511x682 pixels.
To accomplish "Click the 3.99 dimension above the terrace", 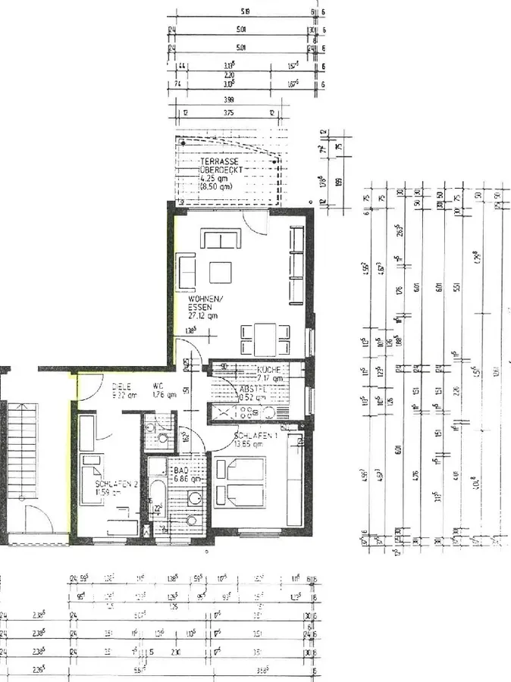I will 229,99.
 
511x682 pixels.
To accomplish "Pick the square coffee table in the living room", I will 221,271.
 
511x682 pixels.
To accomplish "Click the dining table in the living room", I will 265,339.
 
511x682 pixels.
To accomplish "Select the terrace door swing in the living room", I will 255,223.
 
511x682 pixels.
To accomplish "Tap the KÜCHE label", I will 270,369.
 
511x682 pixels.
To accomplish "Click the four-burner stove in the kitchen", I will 247,413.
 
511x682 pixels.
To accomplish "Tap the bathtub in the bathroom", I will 156,485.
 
